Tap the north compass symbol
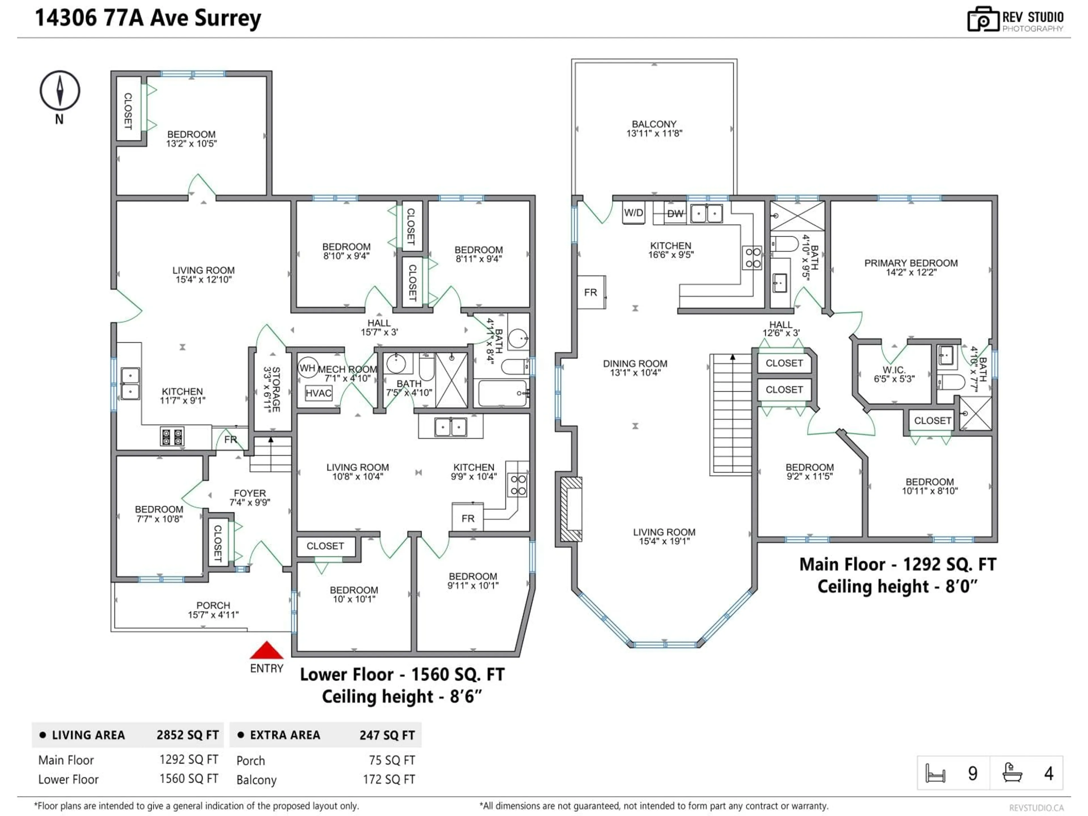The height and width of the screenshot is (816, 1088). pyautogui.click(x=59, y=90)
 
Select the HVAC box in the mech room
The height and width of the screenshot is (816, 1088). pyautogui.click(x=318, y=393)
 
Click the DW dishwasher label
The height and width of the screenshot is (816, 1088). pyautogui.click(x=675, y=213)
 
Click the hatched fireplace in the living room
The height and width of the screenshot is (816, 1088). pyautogui.click(x=571, y=509)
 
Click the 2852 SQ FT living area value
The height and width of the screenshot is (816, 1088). pyautogui.click(x=187, y=735)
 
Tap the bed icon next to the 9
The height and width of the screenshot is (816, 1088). pyautogui.click(x=935, y=773)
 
